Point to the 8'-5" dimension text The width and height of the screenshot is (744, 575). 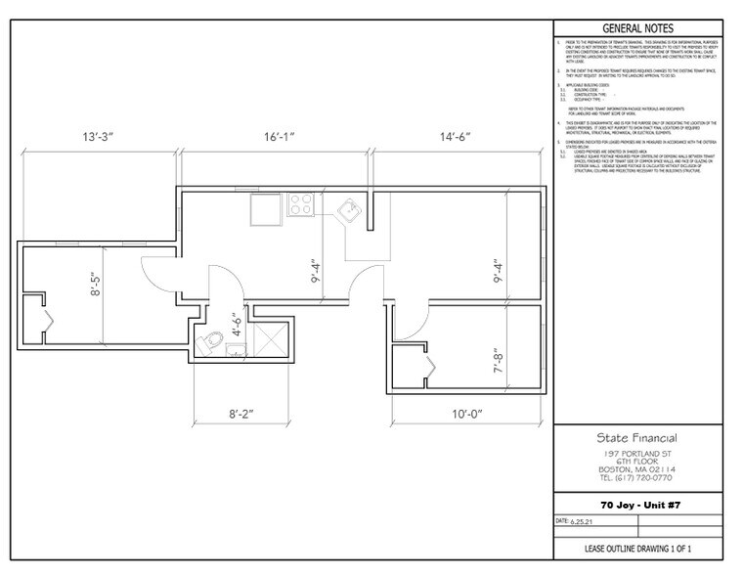[94, 291]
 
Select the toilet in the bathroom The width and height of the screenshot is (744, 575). [208, 342]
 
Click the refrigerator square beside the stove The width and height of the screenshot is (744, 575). [266, 208]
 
